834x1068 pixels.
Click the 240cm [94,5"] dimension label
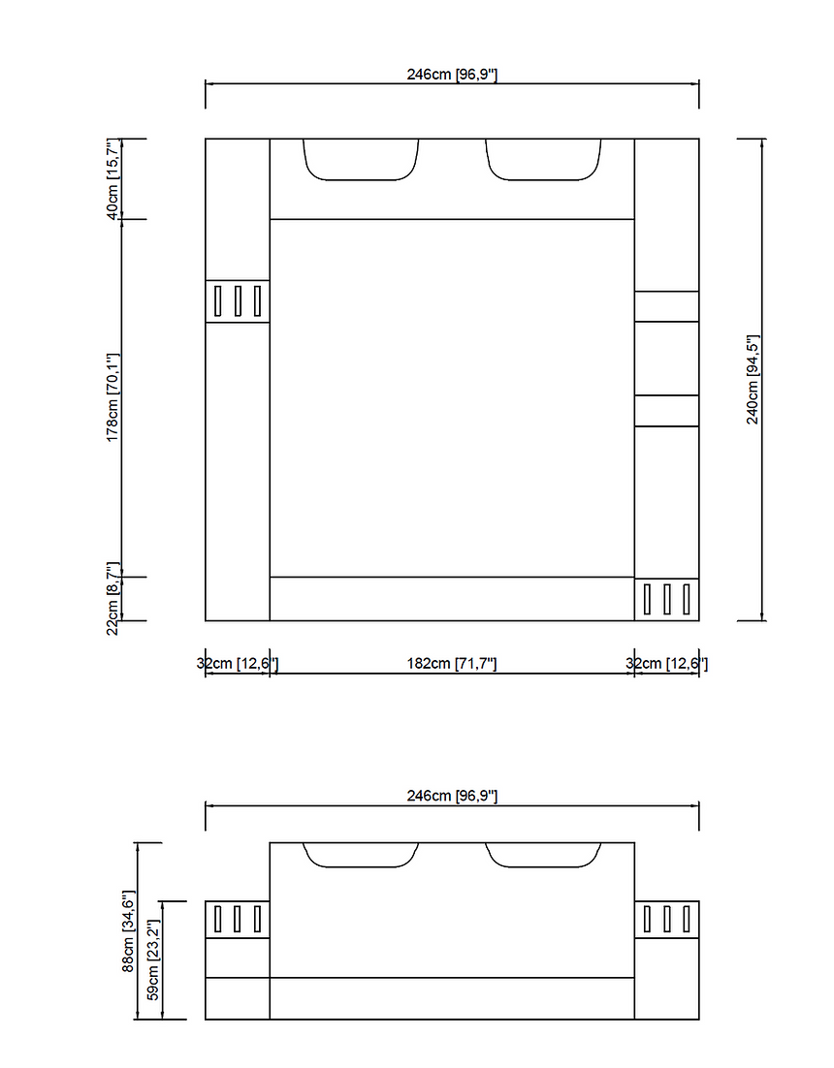pyautogui.click(x=753, y=380)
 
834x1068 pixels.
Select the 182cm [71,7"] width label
pyautogui.click(x=451, y=664)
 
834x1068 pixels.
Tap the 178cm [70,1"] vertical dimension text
pyautogui.click(x=112, y=397)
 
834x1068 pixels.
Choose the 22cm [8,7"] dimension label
pyautogui.click(x=112, y=599)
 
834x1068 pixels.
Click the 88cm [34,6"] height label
pyautogui.click(x=128, y=930)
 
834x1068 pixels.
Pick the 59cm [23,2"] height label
pyautogui.click(x=152, y=960)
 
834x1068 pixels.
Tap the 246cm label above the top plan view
pyautogui.click(x=452, y=75)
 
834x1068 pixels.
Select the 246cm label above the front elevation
pyautogui.click(x=452, y=796)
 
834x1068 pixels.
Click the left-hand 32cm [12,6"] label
pyautogui.click(x=238, y=664)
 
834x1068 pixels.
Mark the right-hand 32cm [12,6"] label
pyautogui.click(x=667, y=664)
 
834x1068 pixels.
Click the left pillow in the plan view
pyautogui.click(x=362, y=160)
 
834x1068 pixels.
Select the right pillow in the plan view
pyautogui.click(x=543, y=160)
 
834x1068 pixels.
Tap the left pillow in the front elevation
pyautogui.click(x=362, y=855)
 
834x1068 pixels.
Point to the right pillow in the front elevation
pyautogui.click(x=543, y=855)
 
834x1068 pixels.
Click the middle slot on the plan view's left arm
pyautogui.click(x=238, y=301)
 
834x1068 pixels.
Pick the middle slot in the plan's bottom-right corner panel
pyautogui.click(x=666, y=599)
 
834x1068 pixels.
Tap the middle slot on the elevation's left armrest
pyautogui.click(x=238, y=919)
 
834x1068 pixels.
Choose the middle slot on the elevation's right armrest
pyautogui.click(x=666, y=919)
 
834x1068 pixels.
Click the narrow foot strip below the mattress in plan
pyautogui.click(x=452, y=599)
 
